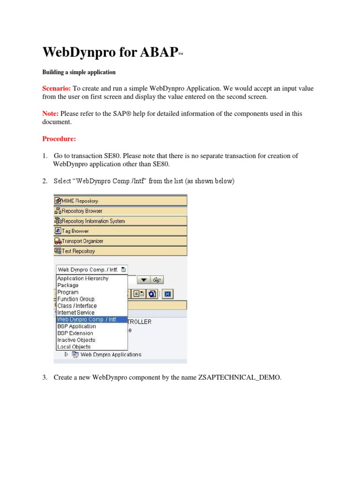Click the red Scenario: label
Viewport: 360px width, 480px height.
pos(57,88)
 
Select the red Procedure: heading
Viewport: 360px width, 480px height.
pos(59,139)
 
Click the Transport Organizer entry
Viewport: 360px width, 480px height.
pos(82,241)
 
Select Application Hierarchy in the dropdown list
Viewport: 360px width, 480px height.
pos(82,278)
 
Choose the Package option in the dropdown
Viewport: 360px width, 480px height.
pos(68,285)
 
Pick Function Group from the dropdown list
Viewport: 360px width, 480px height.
pos(76,299)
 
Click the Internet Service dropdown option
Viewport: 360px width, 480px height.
pos(76,313)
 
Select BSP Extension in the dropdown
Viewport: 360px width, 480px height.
pos(75,333)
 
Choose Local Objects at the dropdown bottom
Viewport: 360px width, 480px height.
pos(74,347)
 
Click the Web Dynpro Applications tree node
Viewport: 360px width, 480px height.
pos(111,354)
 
